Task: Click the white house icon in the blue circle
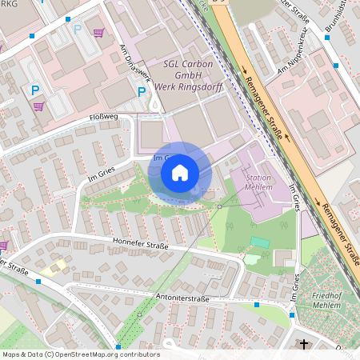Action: tap(180, 172)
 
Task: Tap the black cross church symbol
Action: tap(303, 345)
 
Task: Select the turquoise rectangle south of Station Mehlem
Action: tap(259, 242)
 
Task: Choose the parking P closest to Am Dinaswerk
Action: tap(142, 92)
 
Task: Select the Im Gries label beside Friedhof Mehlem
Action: tap(296, 284)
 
